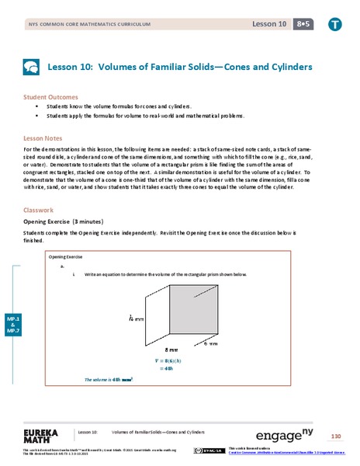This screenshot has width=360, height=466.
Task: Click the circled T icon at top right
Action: point(334,24)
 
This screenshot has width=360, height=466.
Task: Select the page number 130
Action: point(335,434)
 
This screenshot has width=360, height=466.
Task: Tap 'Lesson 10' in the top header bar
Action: point(263,25)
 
